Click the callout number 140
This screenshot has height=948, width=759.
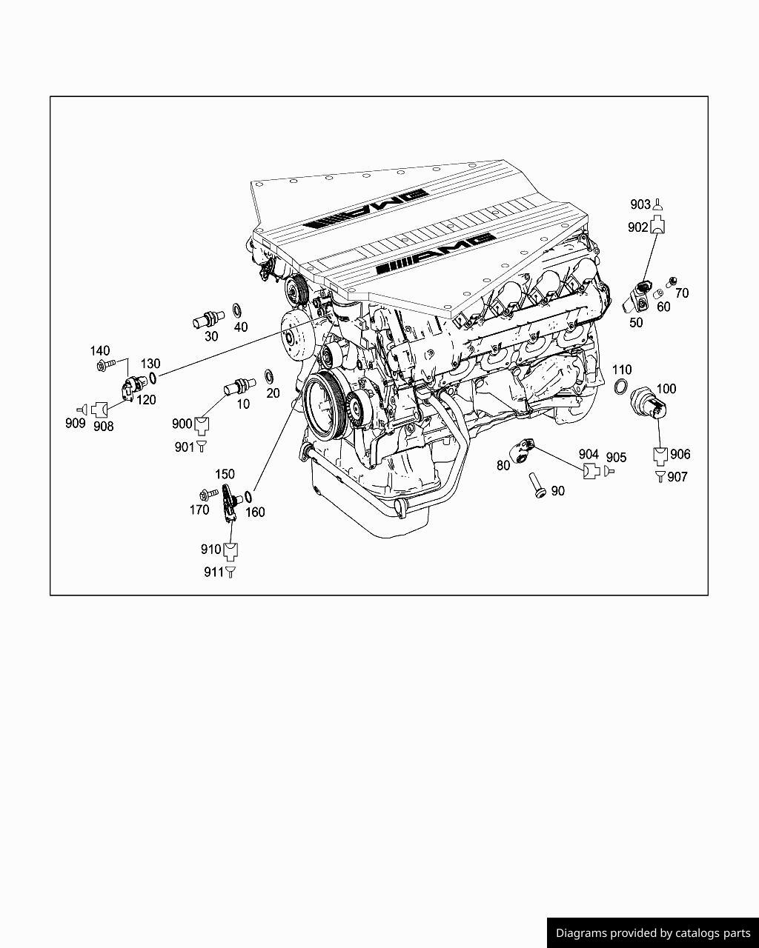100,351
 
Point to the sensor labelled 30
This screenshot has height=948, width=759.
208,320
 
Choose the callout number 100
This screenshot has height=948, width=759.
666,388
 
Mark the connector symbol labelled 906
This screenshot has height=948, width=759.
660,455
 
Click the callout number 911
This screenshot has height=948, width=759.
213,572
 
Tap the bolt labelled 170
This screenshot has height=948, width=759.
208,494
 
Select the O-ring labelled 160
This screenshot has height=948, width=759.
248,496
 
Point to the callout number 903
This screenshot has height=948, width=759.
640,204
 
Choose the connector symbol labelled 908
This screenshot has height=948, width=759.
100,409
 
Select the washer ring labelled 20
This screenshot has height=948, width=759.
268,375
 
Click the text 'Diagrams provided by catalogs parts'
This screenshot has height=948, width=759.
653,933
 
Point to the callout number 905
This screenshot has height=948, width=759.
616,458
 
